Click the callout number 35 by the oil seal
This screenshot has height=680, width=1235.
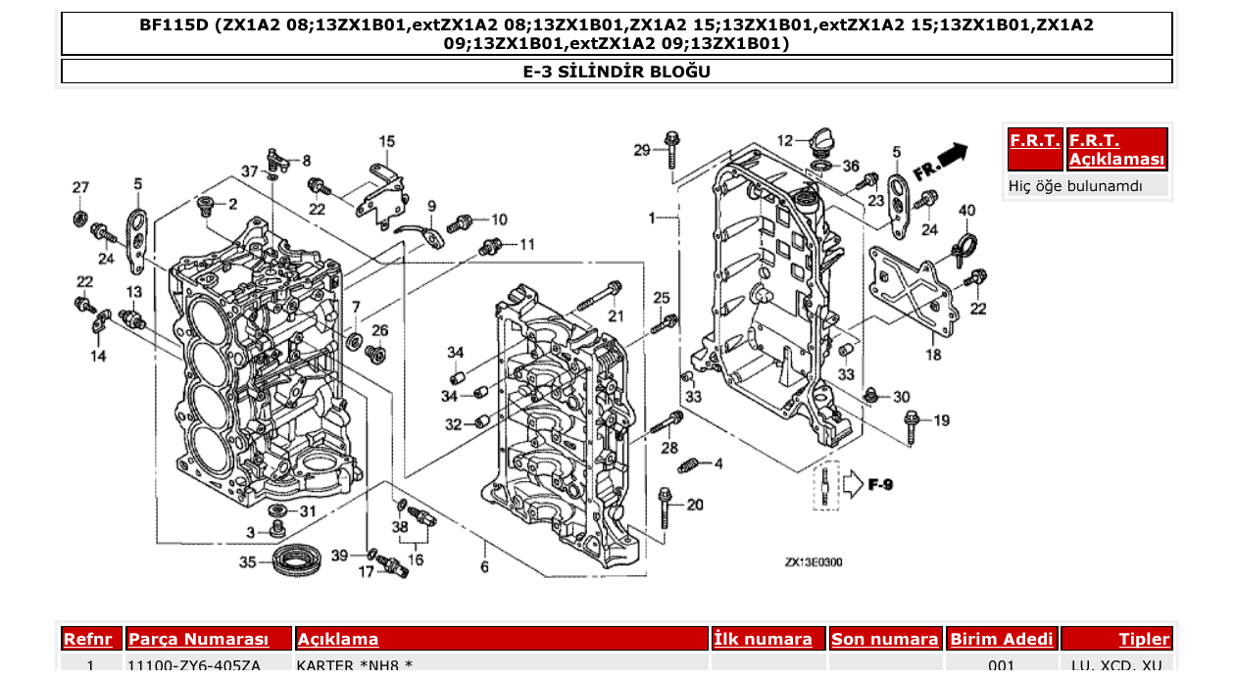248,562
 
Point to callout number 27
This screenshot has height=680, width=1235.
80,188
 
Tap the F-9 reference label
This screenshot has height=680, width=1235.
878,485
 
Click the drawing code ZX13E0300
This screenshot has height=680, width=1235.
813,562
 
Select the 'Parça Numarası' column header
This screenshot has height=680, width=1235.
198,640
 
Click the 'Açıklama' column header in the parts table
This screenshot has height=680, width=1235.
338,640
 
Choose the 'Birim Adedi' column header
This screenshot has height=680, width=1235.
1002,640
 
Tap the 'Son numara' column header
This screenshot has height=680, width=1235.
884,640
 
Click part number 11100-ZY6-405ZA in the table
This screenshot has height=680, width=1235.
194,666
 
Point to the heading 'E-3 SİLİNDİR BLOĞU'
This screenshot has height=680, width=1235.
617,72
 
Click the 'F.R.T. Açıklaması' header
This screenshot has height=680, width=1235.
1117,150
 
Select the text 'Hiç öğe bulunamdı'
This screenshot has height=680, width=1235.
1075,185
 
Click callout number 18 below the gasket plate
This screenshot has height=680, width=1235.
933,355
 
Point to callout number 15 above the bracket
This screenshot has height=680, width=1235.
386,141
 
